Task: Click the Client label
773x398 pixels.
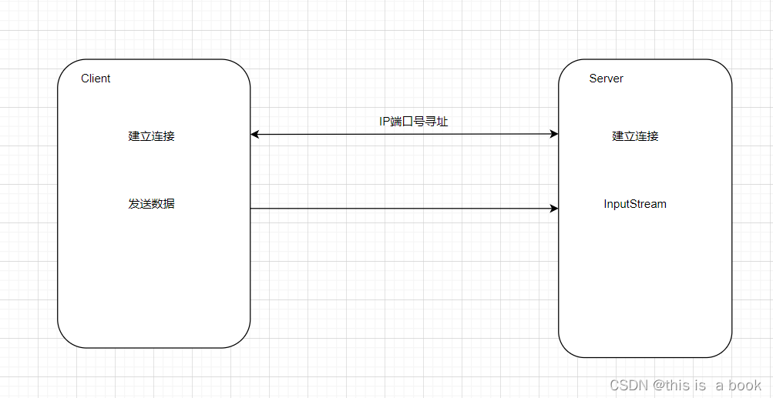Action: pos(96,79)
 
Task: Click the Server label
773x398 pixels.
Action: pos(606,79)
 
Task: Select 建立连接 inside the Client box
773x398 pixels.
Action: pos(151,136)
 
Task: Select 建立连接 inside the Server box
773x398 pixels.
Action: pos(635,136)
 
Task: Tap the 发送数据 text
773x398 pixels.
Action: pos(151,204)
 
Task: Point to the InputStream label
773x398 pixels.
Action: pos(635,204)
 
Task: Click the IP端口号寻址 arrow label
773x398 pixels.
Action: pos(413,122)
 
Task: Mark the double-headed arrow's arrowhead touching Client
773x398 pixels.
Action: pos(255,135)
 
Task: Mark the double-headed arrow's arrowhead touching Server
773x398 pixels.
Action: pos(553,135)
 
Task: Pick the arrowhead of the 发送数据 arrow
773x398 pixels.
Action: pos(553,209)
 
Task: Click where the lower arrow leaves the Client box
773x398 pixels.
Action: pos(251,209)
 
